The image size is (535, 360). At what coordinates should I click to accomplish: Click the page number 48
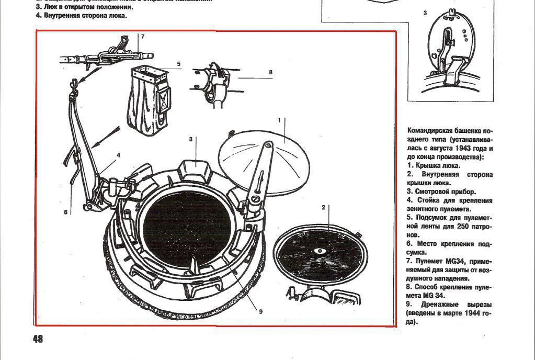coord(37,339)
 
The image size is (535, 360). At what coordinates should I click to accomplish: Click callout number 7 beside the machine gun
coord(142,36)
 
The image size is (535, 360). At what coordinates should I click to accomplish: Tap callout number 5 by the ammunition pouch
coord(178,64)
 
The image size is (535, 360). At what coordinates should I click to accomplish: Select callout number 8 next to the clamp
coord(270,72)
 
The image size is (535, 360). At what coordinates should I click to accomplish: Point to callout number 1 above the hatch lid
coord(279,120)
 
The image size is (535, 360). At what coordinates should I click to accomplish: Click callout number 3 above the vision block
coord(191,139)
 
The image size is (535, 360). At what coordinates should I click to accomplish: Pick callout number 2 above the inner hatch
coord(324,208)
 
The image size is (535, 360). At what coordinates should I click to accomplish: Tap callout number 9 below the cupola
coord(260,311)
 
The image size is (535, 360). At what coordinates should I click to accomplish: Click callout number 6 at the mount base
coord(66,212)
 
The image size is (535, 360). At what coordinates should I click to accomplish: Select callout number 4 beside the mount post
coord(119,155)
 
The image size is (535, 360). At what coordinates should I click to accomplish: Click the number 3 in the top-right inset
coord(425,13)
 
